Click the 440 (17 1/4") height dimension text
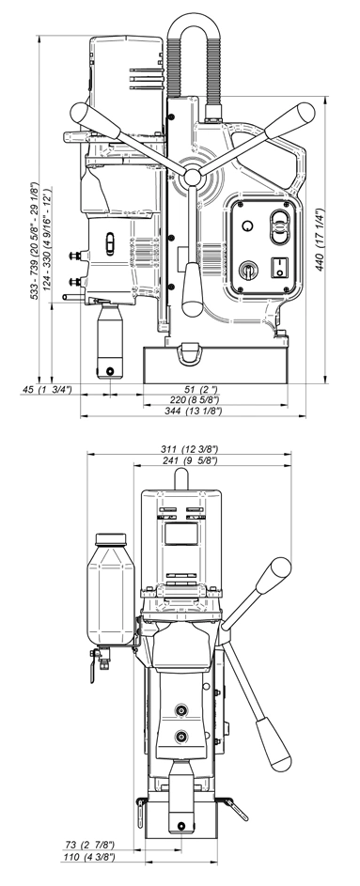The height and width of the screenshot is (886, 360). (321, 241)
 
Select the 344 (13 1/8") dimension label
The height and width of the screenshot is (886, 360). (194, 412)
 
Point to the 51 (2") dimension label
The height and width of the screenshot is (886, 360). (201, 389)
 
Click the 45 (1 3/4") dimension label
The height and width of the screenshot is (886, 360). (47, 389)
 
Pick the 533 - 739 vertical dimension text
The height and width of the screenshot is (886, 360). (35, 241)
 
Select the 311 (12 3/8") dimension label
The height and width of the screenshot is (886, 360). (189, 449)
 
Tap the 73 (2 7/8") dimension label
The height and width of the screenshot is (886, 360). (90, 845)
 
